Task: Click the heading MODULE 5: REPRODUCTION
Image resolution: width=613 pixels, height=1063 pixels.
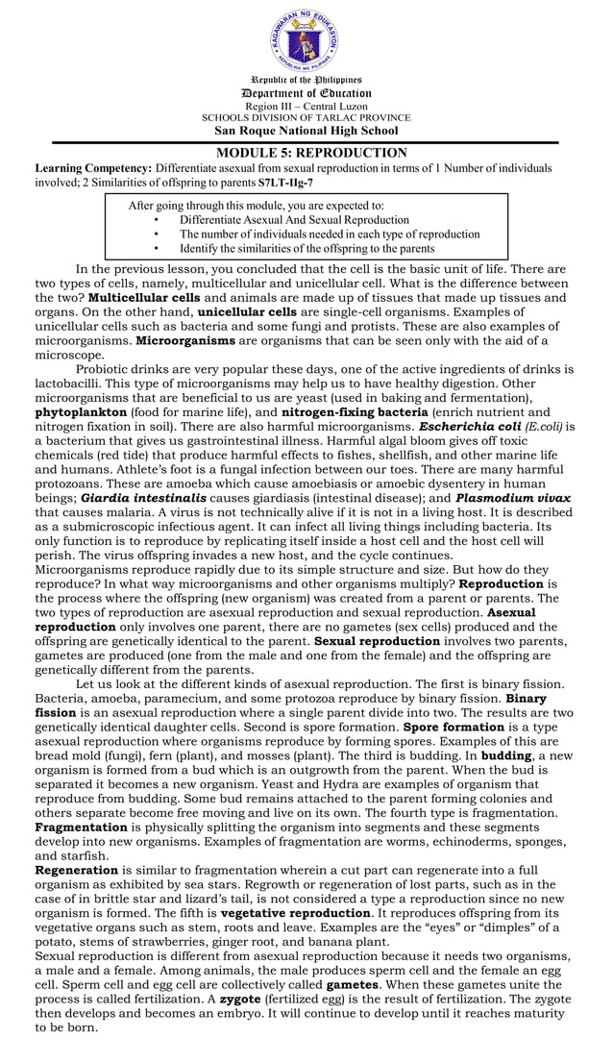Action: point(306,153)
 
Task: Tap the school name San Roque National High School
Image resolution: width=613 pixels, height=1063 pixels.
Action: point(306,131)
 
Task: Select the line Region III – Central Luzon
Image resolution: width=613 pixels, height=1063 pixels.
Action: point(306,106)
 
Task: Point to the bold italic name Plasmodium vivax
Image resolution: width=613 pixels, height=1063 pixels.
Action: point(513,499)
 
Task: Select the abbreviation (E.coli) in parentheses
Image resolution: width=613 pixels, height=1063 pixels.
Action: point(544,426)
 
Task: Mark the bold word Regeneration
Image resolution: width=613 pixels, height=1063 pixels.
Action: point(76,870)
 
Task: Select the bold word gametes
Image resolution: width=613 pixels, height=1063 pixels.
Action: point(353,985)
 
